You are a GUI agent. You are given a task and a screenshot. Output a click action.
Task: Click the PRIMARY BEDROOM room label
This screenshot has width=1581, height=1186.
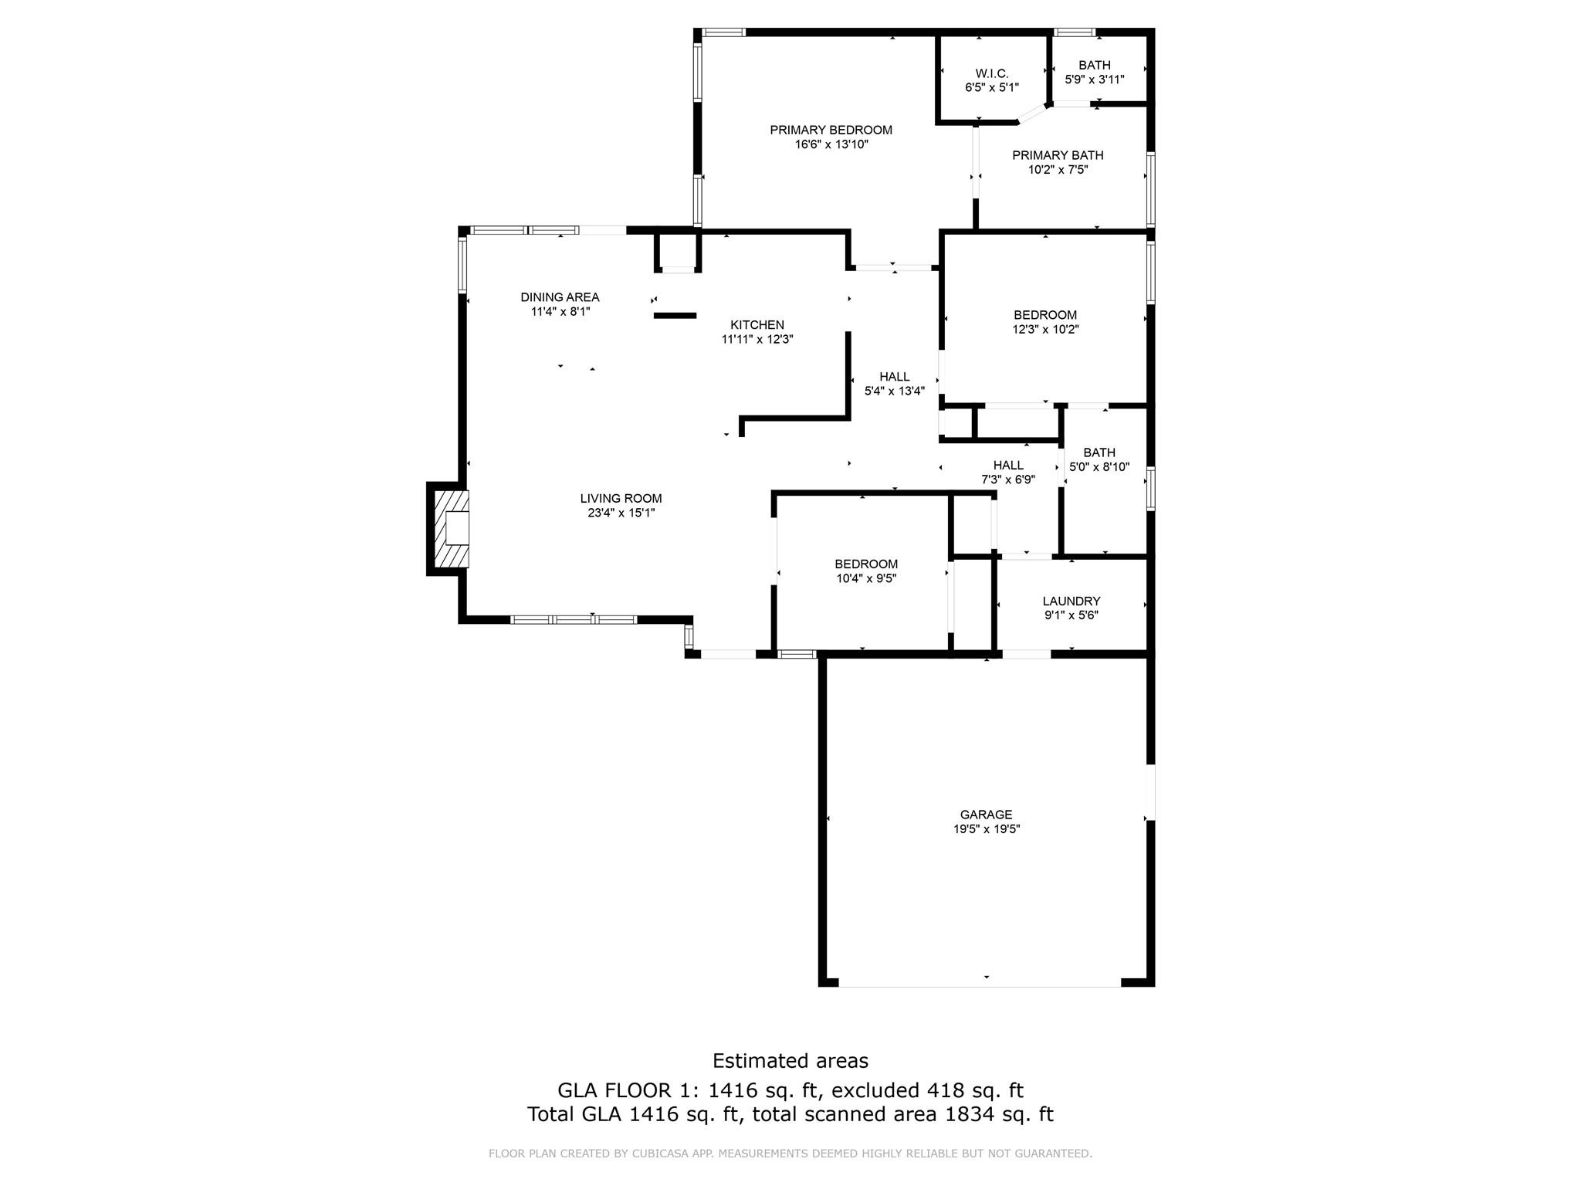tap(831, 130)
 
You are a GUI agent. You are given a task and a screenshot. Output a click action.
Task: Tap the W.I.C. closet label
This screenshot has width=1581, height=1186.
tap(992, 73)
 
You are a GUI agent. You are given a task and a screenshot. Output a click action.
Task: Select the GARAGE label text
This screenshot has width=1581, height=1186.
tap(986, 815)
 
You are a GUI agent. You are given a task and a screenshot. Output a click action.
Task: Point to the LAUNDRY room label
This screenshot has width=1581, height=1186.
tap(1071, 601)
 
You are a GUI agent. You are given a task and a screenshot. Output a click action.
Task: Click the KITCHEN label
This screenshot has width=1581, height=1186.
tap(757, 325)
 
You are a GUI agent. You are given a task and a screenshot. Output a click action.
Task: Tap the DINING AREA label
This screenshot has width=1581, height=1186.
tap(560, 297)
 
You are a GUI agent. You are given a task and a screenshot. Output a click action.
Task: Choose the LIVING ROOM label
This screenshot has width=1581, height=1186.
tap(621, 499)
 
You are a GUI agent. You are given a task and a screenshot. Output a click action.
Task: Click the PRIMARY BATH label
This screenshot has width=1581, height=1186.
tap(1058, 155)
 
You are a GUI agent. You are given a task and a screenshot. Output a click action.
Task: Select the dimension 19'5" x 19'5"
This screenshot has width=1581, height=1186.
tap(986, 829)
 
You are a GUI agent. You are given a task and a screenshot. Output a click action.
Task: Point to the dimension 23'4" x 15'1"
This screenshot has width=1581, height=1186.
tap(621, 513)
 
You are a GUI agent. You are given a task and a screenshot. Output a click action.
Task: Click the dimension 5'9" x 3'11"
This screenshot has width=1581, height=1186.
tap(1094, 80)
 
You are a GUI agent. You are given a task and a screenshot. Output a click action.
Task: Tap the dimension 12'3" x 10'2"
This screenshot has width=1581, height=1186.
tap(1045, 330)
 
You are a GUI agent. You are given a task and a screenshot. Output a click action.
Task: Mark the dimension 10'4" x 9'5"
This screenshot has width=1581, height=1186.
tap(866, 578)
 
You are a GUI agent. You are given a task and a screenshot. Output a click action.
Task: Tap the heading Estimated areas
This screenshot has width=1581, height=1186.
tap(790, 1061)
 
